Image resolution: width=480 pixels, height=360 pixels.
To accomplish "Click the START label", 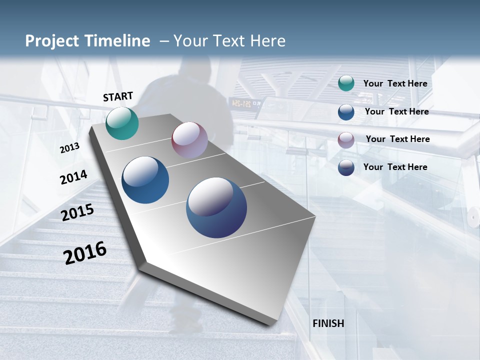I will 118,96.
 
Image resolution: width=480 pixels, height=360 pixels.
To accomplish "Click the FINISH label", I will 328,323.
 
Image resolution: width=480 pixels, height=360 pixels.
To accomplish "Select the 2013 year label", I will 69,148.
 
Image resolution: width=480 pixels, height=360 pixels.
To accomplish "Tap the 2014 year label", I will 73,177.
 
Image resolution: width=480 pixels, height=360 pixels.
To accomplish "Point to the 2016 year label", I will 85,253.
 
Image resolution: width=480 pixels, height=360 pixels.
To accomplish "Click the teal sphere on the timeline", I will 122,123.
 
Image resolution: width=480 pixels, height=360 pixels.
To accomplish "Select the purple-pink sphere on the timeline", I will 189,140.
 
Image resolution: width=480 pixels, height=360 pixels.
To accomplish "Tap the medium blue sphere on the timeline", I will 145,180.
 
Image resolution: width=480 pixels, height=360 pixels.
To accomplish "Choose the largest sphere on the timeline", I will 216,207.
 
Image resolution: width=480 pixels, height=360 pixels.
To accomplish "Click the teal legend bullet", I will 346,83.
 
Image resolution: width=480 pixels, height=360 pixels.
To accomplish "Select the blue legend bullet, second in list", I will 346,112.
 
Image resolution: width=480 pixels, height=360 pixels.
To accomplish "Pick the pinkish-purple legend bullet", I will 346,140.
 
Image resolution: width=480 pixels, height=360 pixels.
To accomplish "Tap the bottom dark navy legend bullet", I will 346,167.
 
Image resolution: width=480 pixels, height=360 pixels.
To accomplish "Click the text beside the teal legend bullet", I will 395,83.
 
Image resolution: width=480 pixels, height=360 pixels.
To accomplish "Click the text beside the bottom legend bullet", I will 395,167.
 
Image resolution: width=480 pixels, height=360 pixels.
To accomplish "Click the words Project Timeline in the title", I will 87,41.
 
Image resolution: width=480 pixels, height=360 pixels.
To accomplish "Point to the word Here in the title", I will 267,41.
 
